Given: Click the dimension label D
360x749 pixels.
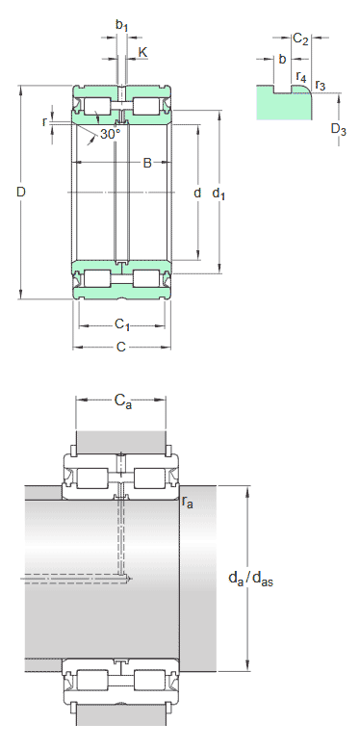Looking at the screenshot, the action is (x=20, y=192).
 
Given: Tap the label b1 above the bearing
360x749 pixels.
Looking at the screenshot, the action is (x=121, y=26).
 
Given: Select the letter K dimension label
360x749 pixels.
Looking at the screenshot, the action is (x=142, y=52).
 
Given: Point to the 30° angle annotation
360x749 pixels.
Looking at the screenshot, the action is (x=110, y=135).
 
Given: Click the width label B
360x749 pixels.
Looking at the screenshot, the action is (x=147, y=163).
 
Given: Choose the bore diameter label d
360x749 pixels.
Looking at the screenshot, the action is (x=197, y=193).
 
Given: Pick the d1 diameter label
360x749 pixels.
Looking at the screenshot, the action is (x=219, y=194).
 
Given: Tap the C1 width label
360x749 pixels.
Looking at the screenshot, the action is (x=121, y=325).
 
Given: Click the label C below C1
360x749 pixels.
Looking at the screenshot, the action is (x=120, y=348).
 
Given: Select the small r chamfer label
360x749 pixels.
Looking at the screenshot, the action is (x=45, y=122).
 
